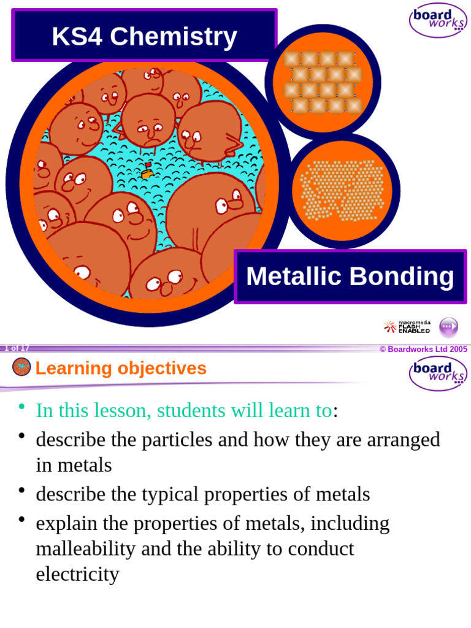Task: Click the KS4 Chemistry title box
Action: [x=144, y=36]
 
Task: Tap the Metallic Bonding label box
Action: [x=350, y=277]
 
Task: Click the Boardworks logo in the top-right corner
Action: [x=438, y=20]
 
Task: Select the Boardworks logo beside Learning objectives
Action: [x=438, y=373]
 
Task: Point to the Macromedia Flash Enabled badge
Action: [x=408, y=327]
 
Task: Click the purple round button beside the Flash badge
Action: [x=448, y=327]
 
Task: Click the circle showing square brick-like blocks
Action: [x=323, y=82]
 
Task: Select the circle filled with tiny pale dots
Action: [x=342, y=190]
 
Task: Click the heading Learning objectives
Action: [x=121, y=369]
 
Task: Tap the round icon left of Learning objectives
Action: [x=21, y=367]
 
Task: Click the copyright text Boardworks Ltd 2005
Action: [x=423, y=349]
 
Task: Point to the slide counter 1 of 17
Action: [x=17, y=348]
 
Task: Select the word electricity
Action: [x=77, y=575]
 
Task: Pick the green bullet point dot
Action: [x=22, y=407]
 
